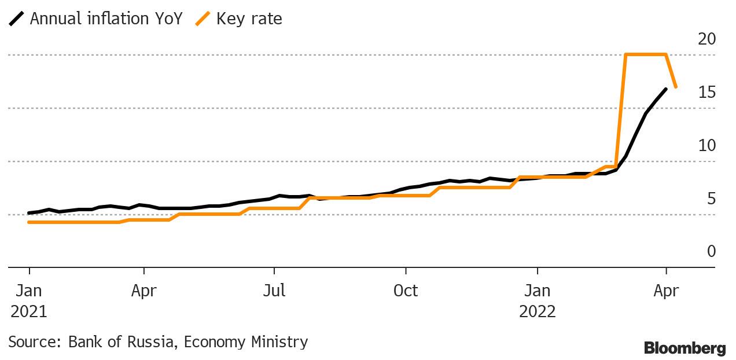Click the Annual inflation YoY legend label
[x=106, y=19]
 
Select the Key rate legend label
[x=249, y=19]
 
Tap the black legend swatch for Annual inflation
[x=17, y=19]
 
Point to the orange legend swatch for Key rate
[x=203, y=19]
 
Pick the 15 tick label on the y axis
[x=707, y=93]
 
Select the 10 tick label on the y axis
[x=707, y=146]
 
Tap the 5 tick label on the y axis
[x=711, y=199]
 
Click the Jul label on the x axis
[x=274, y=291]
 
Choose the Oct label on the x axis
[x=406, y=291]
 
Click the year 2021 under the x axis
[x=29, y=311]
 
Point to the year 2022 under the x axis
[x=538, y=311]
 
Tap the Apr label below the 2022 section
[x=666, y=291]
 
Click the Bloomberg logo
[x=685, y=348]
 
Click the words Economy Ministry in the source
[x=246, y=342]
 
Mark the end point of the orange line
[x=676, y=87]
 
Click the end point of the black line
[x=666, y=89]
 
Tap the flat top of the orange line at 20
[x=646, y=54]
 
